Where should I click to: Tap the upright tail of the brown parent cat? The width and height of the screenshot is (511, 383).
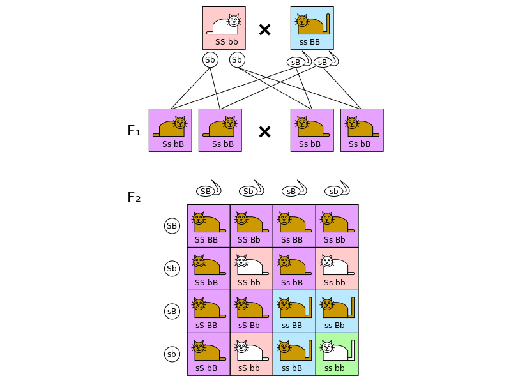click(328, 23)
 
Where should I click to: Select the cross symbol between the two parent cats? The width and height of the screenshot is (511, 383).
click(264, 29)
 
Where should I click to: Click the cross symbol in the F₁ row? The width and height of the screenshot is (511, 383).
click(264, 131)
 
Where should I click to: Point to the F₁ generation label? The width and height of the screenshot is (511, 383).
click(133, 131)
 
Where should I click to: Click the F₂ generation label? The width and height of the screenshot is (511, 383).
click(133, 197)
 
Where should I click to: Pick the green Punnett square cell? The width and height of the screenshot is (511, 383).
click(337, 354)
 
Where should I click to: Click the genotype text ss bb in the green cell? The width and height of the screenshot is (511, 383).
click(334, 368)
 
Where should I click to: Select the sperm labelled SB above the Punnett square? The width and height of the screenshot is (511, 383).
click(206, 191)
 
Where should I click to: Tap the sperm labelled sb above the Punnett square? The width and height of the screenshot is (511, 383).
click(332, 191)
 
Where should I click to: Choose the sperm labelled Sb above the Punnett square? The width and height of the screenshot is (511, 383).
click(248, 191)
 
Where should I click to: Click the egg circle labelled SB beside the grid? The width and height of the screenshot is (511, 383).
click(172, 225)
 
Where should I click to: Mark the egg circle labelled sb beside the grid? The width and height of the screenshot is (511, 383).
click(172, 354)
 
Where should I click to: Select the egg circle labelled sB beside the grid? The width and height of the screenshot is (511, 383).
click(172, 311)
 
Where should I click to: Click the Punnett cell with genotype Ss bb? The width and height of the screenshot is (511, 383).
click(337, 268)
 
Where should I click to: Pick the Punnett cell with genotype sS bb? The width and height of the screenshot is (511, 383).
click(251, 354)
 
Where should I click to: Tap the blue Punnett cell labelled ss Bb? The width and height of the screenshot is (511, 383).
click(337, 311)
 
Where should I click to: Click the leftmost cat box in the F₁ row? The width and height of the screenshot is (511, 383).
click(170, 130)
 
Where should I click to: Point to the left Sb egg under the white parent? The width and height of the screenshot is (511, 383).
click(210, 60)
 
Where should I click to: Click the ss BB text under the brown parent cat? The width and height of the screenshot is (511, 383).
click(312, 41)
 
